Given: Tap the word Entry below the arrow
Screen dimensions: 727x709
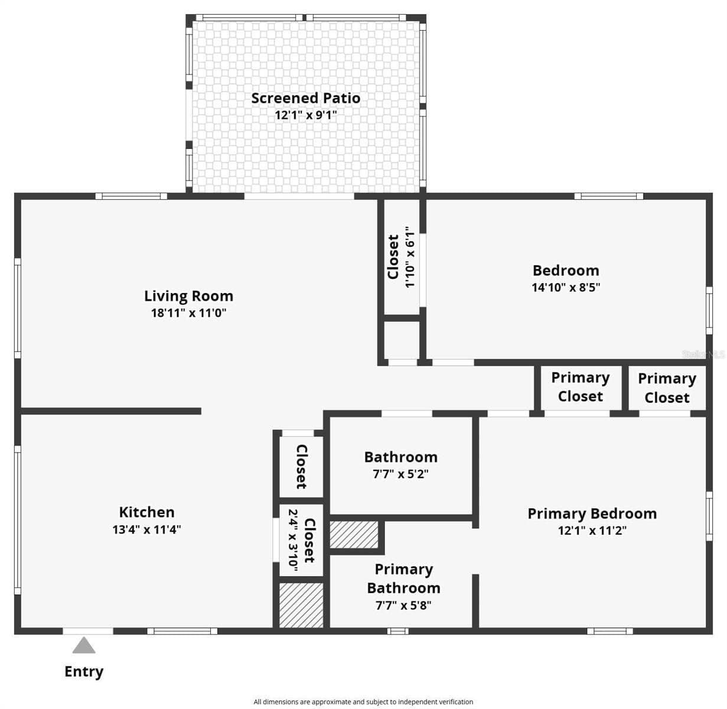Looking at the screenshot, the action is coord(84,672).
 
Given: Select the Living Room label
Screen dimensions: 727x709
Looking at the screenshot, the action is coord(188,296).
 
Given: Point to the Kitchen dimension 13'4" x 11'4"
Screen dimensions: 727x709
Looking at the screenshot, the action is coord(147,529).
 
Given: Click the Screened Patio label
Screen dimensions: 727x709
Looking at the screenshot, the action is coord(305,98).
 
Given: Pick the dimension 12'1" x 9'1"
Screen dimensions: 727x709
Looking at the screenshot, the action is coord(306,115).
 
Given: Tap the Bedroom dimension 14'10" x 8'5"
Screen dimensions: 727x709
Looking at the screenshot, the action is coord(566,287).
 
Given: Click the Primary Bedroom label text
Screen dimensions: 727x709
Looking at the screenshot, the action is coord(592,514).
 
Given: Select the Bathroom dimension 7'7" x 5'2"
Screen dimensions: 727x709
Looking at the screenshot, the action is coord(400,474).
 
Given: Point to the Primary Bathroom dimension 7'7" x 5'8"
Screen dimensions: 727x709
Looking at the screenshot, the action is coord(403,606).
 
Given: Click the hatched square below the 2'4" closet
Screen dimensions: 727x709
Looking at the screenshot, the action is coord(301,605).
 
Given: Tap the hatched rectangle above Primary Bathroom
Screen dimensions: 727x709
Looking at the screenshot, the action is coord(354,535).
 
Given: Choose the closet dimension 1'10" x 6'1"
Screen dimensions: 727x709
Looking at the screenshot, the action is coord(410,257).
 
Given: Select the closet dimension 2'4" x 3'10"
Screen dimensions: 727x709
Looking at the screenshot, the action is coord(294,541).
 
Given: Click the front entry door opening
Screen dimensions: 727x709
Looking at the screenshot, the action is coord(88,631).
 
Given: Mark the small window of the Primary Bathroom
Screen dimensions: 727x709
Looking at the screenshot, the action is coord(397,631).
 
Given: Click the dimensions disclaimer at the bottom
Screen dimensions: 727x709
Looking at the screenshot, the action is coord(363,702).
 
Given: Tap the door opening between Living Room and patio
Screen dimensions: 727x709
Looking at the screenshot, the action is coord(299,196).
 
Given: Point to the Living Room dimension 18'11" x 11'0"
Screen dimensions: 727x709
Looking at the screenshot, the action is coord(188,313).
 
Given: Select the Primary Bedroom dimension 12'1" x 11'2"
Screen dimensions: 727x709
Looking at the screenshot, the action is coord(592,531).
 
